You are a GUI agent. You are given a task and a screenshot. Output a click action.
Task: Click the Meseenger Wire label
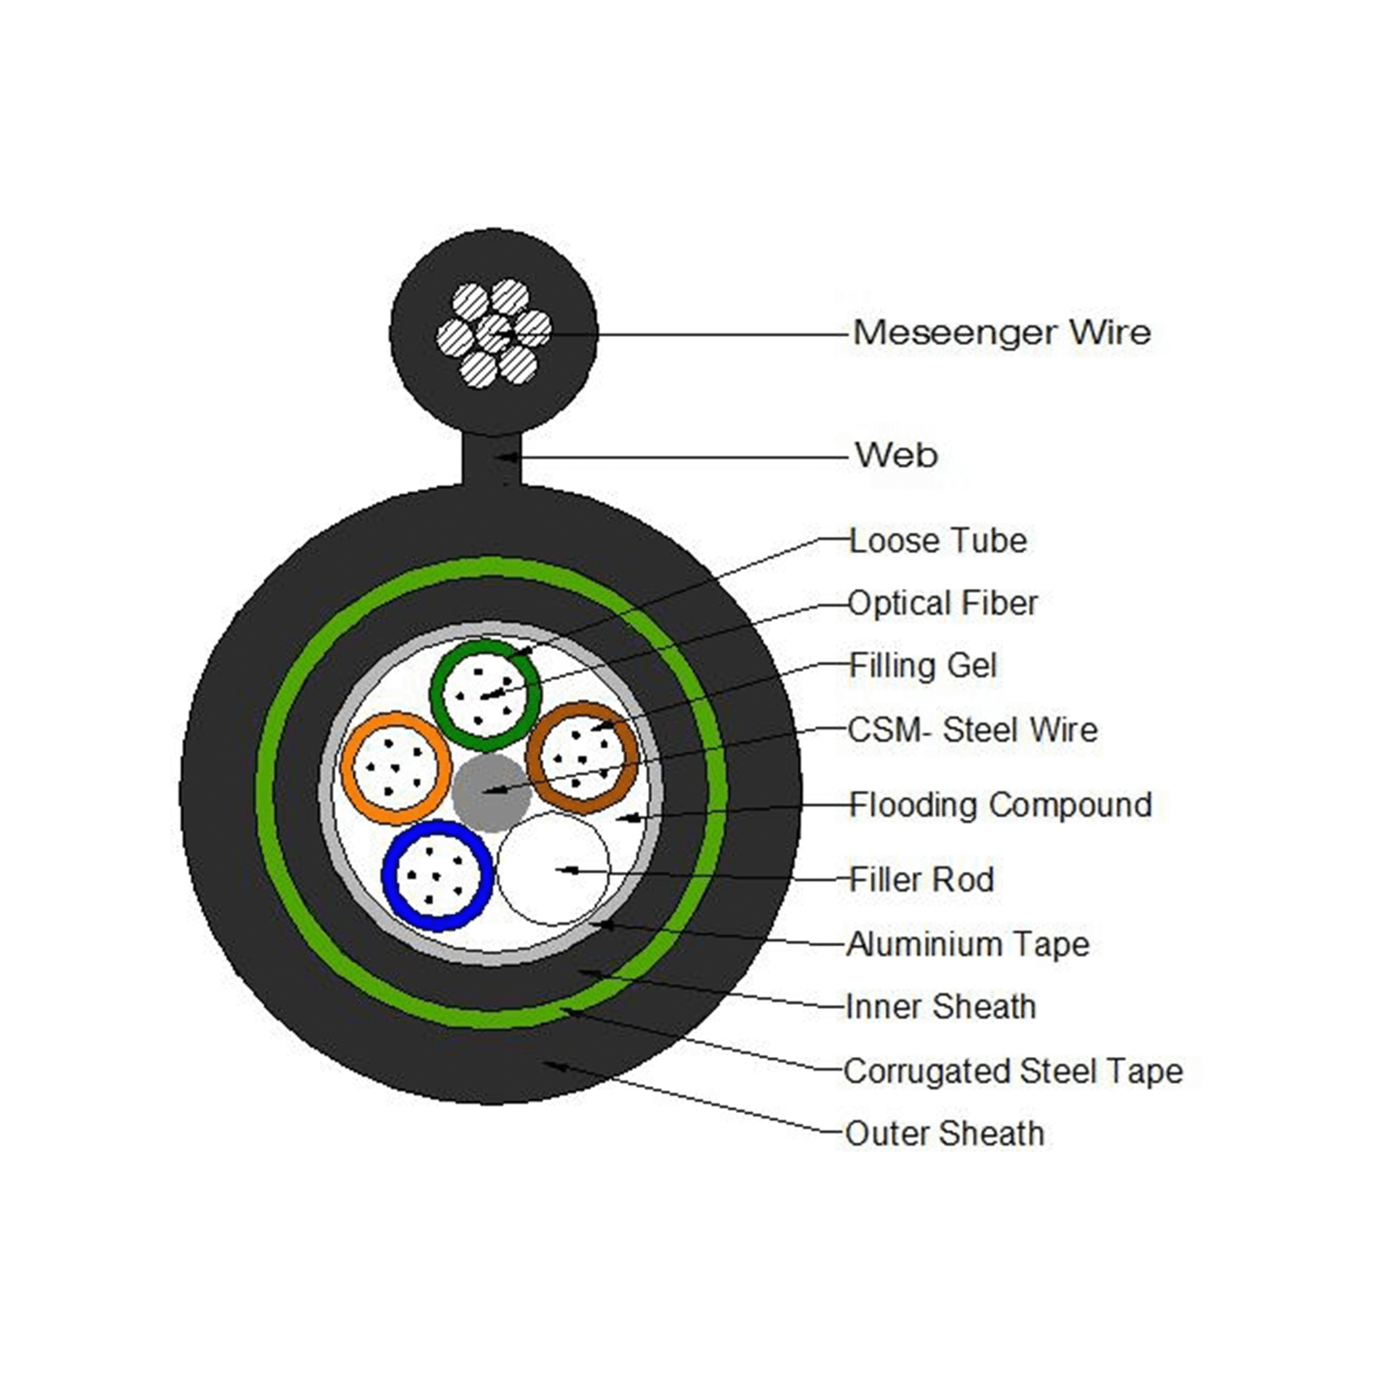1001,333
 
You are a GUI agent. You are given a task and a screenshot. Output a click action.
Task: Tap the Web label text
895,455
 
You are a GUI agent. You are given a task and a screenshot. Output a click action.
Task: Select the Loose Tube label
938,541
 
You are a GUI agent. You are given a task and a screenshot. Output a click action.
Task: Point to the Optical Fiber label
943,603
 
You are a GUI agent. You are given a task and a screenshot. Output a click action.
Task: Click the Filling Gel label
923,666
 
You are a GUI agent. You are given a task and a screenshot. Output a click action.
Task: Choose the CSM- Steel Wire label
972,730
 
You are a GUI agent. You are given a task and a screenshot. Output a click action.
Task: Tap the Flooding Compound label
1000,805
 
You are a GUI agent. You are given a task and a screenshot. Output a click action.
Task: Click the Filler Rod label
921,880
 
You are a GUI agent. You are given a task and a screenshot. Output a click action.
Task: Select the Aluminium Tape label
968,944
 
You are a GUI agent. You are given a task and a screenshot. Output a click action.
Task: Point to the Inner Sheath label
940,1007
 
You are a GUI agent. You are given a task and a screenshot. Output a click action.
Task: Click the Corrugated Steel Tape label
1012,1072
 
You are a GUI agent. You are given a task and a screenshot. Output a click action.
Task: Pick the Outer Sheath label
944,1134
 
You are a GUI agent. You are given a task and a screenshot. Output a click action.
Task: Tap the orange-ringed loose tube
396,767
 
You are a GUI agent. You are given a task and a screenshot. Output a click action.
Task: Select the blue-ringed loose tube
437,875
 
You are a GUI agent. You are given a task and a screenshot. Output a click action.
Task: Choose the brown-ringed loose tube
583,757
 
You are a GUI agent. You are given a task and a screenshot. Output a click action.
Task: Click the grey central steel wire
491,792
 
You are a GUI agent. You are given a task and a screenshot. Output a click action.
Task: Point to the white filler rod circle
553,868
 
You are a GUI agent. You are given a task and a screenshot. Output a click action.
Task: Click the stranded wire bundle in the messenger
493,333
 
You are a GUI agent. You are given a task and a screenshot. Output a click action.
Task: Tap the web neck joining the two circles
492,460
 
